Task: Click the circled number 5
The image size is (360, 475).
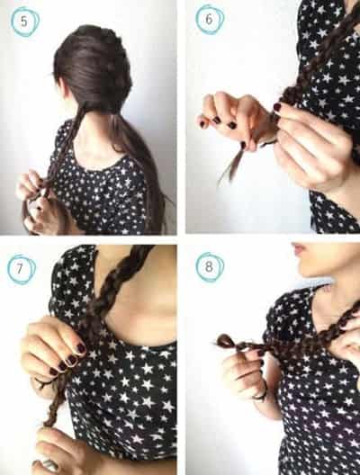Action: point(24,22)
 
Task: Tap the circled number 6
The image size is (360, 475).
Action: point(209,20)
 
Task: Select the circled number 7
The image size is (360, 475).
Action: point(21,269)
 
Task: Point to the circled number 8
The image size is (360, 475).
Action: point(209,267)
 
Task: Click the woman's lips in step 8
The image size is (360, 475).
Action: point(299,249)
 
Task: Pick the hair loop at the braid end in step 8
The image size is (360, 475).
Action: point(225,341)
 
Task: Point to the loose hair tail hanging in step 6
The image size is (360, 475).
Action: point(232,165)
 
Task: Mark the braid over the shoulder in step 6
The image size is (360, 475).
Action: point(315,59)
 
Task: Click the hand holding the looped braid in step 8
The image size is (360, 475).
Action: point(246,372)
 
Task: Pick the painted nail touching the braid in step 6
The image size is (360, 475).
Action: point(277,106)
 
